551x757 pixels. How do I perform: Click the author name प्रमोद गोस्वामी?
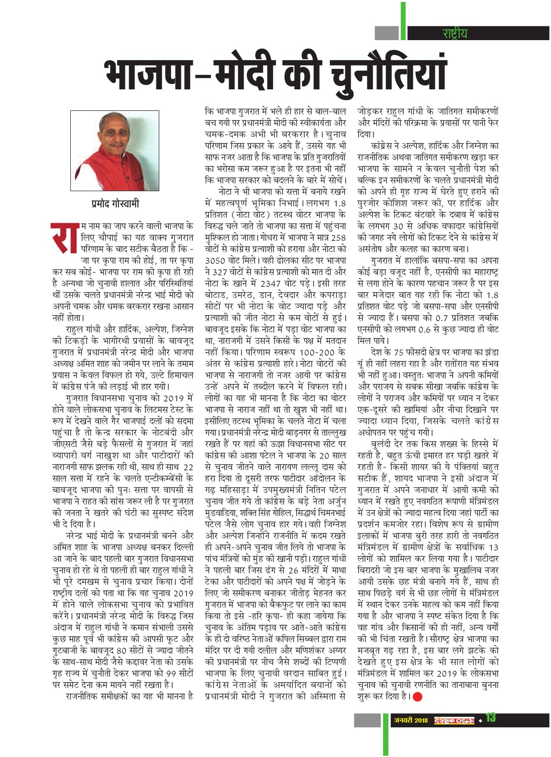click(x=115, y=204)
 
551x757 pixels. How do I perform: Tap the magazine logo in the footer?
click(x=454, y=720)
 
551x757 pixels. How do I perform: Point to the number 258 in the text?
click(x=338, y=238)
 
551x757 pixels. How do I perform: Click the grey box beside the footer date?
click(x=368, y=719)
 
